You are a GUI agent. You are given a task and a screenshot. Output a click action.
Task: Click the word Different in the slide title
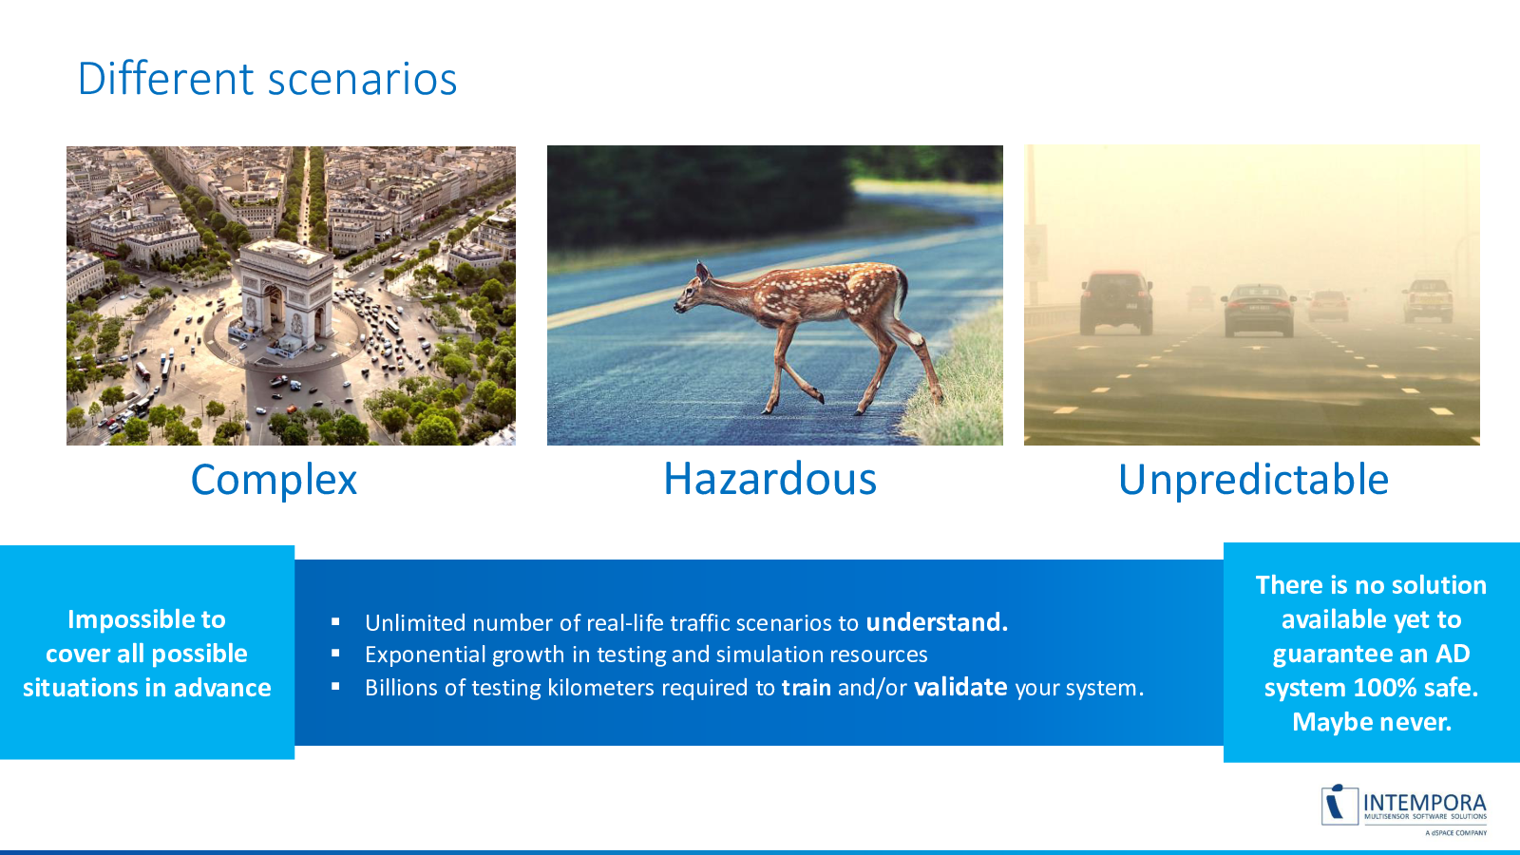tap(165, 79)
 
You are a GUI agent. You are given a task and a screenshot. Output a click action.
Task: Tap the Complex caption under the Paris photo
tap(274, 481)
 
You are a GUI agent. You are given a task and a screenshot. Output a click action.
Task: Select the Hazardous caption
tap(769, 479)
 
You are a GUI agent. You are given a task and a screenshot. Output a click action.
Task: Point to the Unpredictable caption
tap(1253, 481)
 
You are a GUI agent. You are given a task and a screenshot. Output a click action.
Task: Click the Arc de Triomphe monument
tap(286, 297)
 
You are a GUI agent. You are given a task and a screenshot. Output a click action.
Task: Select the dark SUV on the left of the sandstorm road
tap(1116, 303)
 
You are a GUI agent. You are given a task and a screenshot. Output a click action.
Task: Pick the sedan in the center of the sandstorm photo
tap(1259, 310)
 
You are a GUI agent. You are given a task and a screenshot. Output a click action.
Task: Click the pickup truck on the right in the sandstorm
tap(1429, 300)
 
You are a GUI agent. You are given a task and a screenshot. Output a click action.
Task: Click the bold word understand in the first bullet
tap(937, 622)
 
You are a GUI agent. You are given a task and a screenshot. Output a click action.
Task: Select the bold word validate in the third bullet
tap(960, 688)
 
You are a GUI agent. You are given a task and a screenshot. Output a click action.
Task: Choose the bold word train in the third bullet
tap(807, 688)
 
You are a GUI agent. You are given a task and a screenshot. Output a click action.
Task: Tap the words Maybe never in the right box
tap(1372, 722)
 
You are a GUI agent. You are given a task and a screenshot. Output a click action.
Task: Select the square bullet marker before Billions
tap(335, 687)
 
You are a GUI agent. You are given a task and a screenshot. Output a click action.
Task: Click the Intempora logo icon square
tap(1339, 806)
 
